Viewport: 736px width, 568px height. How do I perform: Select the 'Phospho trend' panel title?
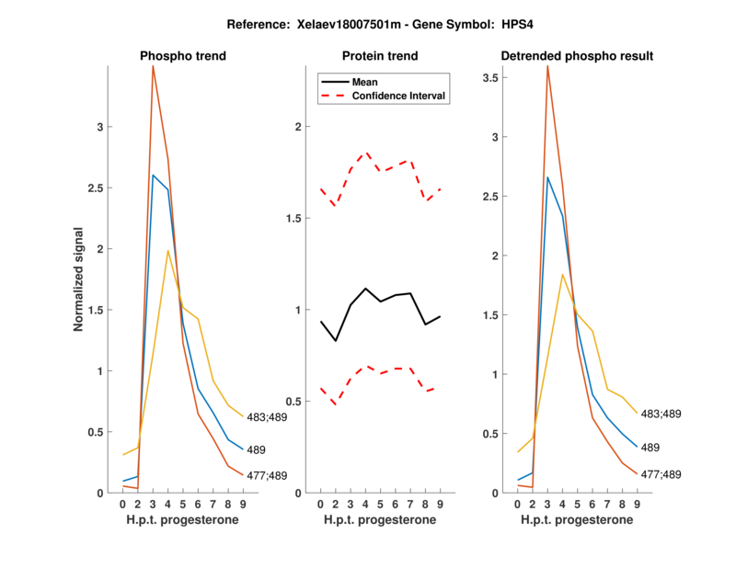(x=183, y=56)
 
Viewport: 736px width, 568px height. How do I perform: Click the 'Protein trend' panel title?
(x=380, y=56)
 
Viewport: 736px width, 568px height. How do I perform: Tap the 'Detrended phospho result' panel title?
(x=577, y=56)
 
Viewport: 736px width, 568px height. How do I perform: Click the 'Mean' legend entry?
(x=365, y=82)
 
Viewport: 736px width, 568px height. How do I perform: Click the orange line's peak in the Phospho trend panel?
(x=153, y=66)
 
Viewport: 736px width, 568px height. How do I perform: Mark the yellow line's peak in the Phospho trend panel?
(x=167, y=251)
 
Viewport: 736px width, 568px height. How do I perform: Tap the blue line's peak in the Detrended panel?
(x=547, y=177)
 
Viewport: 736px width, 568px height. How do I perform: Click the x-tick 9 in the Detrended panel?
(x=637, y=505)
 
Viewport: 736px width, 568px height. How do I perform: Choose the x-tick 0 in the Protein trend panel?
(x=320, y=505)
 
